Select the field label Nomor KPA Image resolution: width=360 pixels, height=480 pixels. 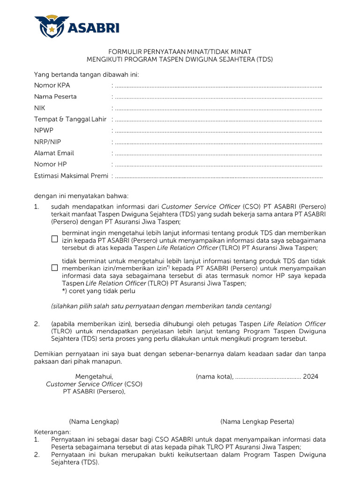(52, 85)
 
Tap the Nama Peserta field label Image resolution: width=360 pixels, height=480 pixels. (55, 97)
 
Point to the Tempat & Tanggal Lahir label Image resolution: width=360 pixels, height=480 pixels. (70, 119)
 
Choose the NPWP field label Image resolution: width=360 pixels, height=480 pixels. (44, 130)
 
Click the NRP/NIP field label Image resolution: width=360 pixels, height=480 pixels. (47, 142)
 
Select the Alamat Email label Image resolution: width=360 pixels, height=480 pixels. (54, 153)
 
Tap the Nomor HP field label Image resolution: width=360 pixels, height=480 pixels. (51, 164)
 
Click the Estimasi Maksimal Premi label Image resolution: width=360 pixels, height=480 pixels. (71, 176)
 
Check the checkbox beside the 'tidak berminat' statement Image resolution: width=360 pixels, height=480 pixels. (54, 268)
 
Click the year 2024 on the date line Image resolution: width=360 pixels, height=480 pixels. (310, 376)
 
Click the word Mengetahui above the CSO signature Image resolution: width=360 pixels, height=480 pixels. (94, 376)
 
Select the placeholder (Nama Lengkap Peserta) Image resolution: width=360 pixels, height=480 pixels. (257, 421)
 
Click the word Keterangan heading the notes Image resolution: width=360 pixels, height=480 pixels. (52, 431)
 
